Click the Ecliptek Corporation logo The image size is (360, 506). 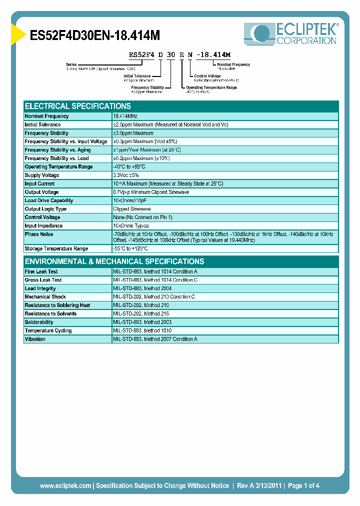pos(291,34)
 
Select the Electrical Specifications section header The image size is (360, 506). pos(78,106)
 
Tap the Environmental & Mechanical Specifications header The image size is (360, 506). pos(114,261)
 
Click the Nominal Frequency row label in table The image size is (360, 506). pos(47,116)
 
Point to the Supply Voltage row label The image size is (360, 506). pos(42,175)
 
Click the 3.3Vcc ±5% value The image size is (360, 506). pos(126,175)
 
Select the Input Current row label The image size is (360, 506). pos(40,184)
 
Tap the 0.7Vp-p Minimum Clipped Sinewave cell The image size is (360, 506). pos(151,192)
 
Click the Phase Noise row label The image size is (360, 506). pos(39,234)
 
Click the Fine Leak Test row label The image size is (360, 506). pos(41,271)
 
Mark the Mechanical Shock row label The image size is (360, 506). pos(45,297)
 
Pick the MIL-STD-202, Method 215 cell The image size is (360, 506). pos(141,314)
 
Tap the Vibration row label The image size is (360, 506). pos(35,339)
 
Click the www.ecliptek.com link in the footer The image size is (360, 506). pos(65,485)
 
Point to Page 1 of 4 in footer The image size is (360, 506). pos(303,485)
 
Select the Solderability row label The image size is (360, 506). pos(39,322)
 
